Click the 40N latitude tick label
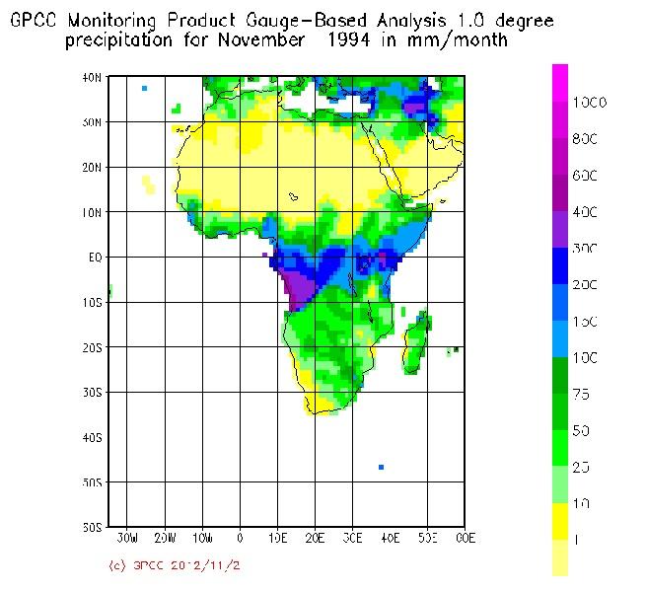(92, 77)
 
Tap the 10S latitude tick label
(92, 302)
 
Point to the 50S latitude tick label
(92, 482)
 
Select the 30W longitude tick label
(127, 539)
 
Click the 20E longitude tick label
(316, 539)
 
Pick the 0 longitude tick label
(240, 539)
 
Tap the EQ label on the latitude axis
(92, 258)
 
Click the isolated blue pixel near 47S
(381, 467)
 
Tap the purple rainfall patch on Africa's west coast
(298, 290)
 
